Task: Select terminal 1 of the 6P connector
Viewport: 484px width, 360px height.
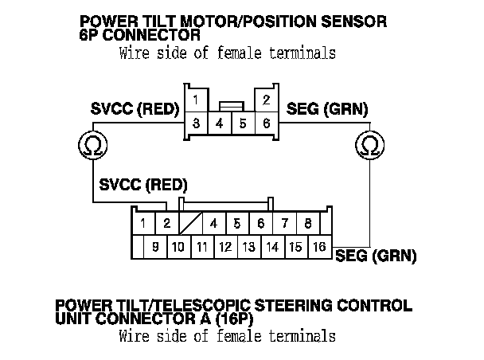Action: click(195, 100)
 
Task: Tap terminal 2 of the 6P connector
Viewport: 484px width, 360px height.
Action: click(267, 100)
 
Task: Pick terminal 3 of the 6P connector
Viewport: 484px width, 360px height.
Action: click(195, 124)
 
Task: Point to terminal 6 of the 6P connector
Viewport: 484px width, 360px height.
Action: click(267, 124)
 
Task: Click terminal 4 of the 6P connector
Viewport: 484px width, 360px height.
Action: click(219, 124)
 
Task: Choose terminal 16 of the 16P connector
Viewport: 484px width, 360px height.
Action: click(319, 247)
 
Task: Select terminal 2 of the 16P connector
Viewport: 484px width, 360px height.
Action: click(167, 223)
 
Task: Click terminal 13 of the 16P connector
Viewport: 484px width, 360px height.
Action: click(248, 247)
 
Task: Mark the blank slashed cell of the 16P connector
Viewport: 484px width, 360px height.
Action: click(191, 223)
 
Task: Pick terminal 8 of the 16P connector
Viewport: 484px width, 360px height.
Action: click(307, 223)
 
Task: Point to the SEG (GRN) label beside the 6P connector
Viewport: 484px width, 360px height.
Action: click(327, 111)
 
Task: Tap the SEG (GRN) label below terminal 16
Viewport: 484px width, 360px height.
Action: click(377, 256)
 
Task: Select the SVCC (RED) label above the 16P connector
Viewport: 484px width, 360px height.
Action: click(143, 186)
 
